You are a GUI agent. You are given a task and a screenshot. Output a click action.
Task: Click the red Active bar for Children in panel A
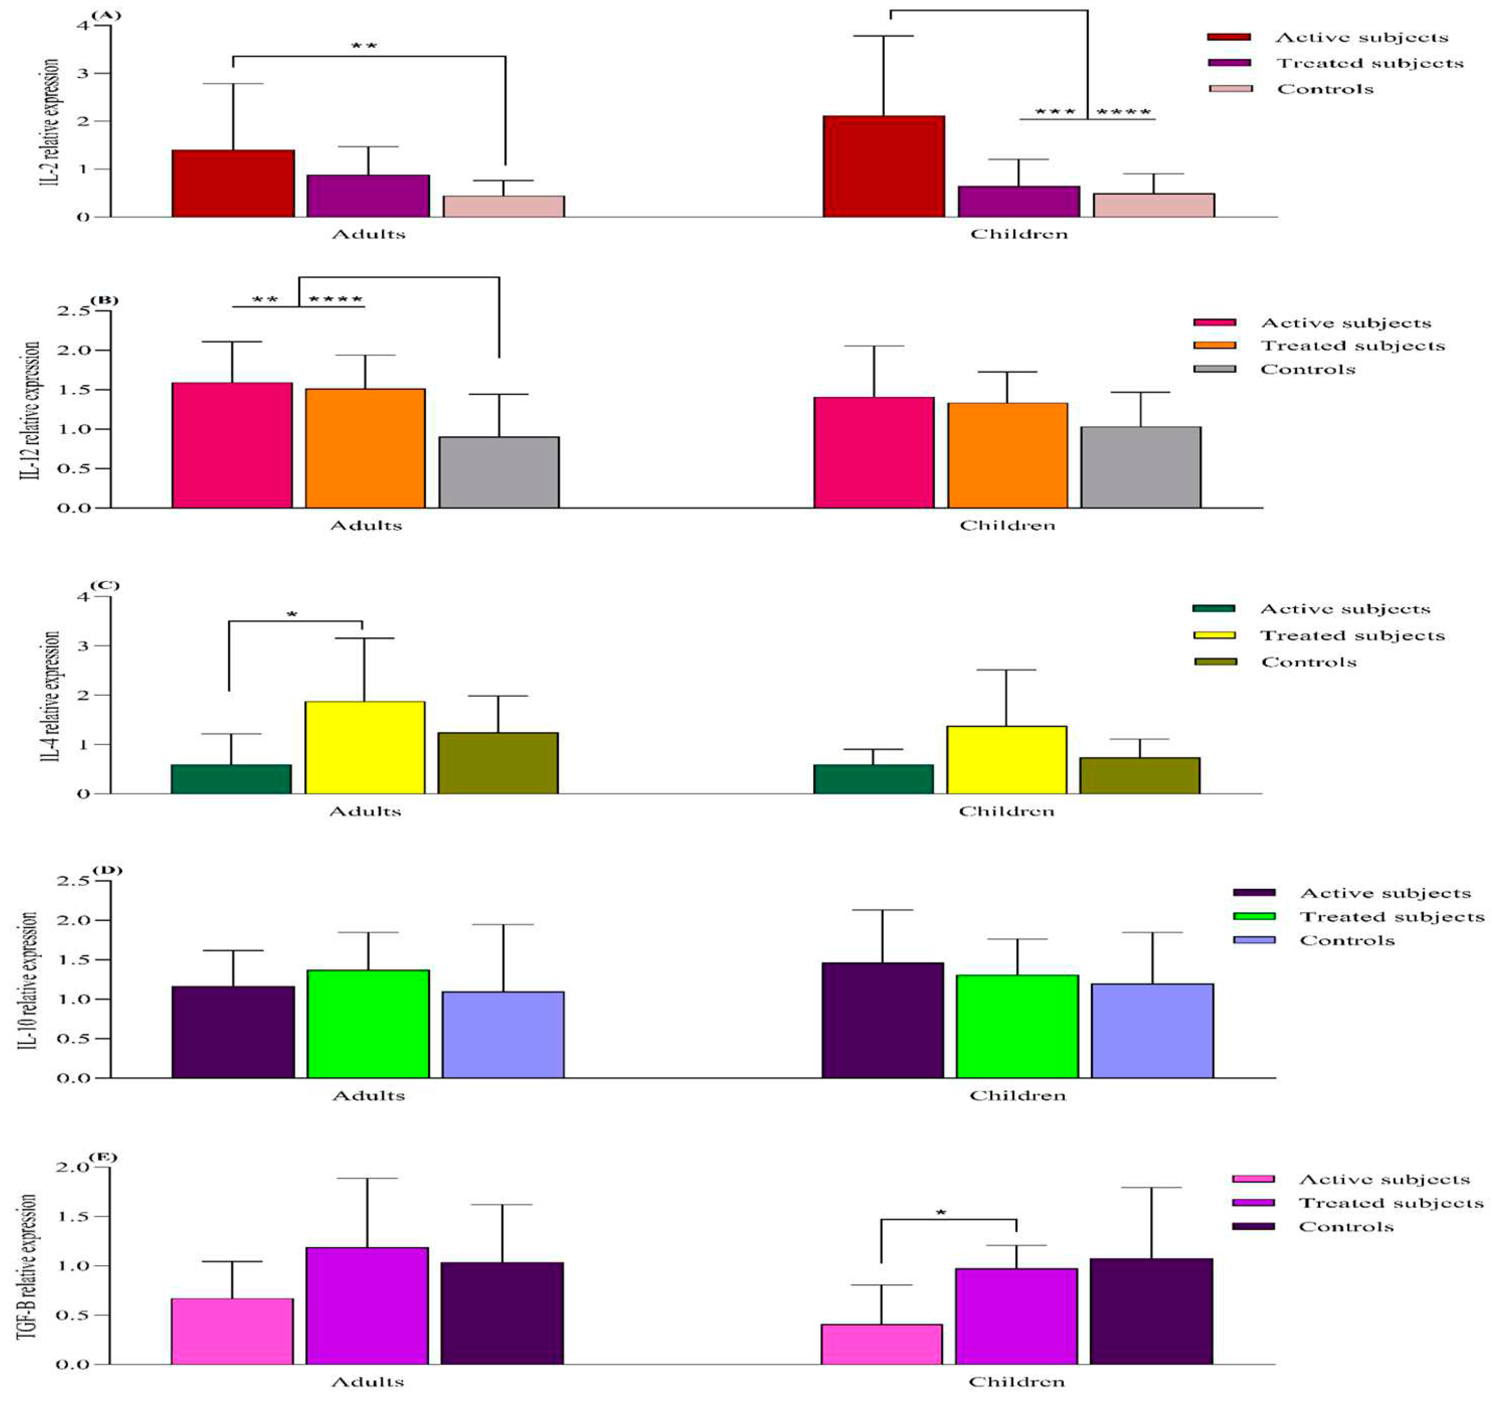click(x=884, y=167)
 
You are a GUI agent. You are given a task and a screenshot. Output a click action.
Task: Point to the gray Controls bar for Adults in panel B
click(x=498, y=472)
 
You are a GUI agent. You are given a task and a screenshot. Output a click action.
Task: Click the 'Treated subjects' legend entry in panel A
click(x=1370, y=63)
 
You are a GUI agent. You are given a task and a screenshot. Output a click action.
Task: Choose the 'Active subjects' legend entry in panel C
click(x=1344, y=609)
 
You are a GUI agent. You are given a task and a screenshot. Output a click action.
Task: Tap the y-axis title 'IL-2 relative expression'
click(x=50, y=122)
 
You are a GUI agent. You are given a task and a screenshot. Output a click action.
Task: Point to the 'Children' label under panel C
click(x=1006, y=811)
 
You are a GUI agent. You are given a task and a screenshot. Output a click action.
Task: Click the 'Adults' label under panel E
click(x=367, y=1382)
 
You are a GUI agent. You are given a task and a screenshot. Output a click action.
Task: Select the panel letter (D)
click(x=107, y=870)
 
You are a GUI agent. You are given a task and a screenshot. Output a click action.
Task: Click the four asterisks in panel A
click(x=1123, y=113)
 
